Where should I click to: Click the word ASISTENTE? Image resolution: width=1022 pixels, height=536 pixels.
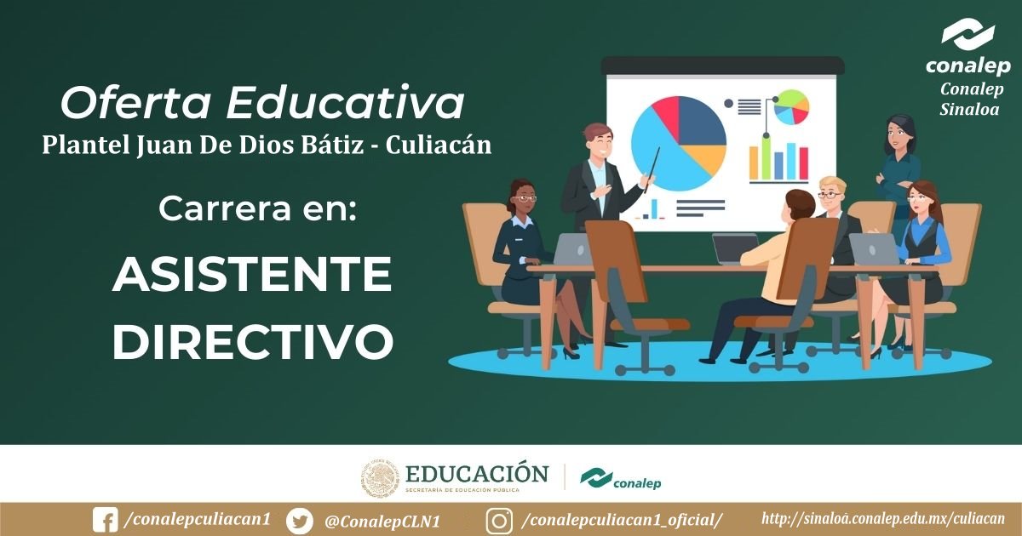(252, 274)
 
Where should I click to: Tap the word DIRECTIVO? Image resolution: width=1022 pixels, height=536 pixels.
(253, 342)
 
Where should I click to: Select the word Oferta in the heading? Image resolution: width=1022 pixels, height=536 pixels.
(135, 103)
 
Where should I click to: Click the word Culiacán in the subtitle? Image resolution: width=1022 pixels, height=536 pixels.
(439, 145)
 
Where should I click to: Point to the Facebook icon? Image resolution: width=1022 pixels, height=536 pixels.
(105, 520)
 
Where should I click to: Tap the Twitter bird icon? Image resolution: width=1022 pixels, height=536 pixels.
(300, 522)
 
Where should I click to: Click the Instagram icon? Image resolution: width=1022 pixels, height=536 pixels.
(499, 521)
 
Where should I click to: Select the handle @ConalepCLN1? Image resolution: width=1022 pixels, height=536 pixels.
(382, 522)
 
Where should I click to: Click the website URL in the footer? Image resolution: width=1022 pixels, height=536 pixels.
(883, 519)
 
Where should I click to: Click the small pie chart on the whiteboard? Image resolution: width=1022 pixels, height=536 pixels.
(791, 107)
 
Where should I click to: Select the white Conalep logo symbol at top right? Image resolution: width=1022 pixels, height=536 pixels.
(967, 34)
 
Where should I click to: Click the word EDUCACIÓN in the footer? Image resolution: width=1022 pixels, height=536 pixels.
(477, 474)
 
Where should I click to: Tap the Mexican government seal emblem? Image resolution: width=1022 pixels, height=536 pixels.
(380, 477)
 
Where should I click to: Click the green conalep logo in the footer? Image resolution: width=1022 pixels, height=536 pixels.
(621, 480)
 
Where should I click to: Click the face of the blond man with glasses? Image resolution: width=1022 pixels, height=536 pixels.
(830, 195)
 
